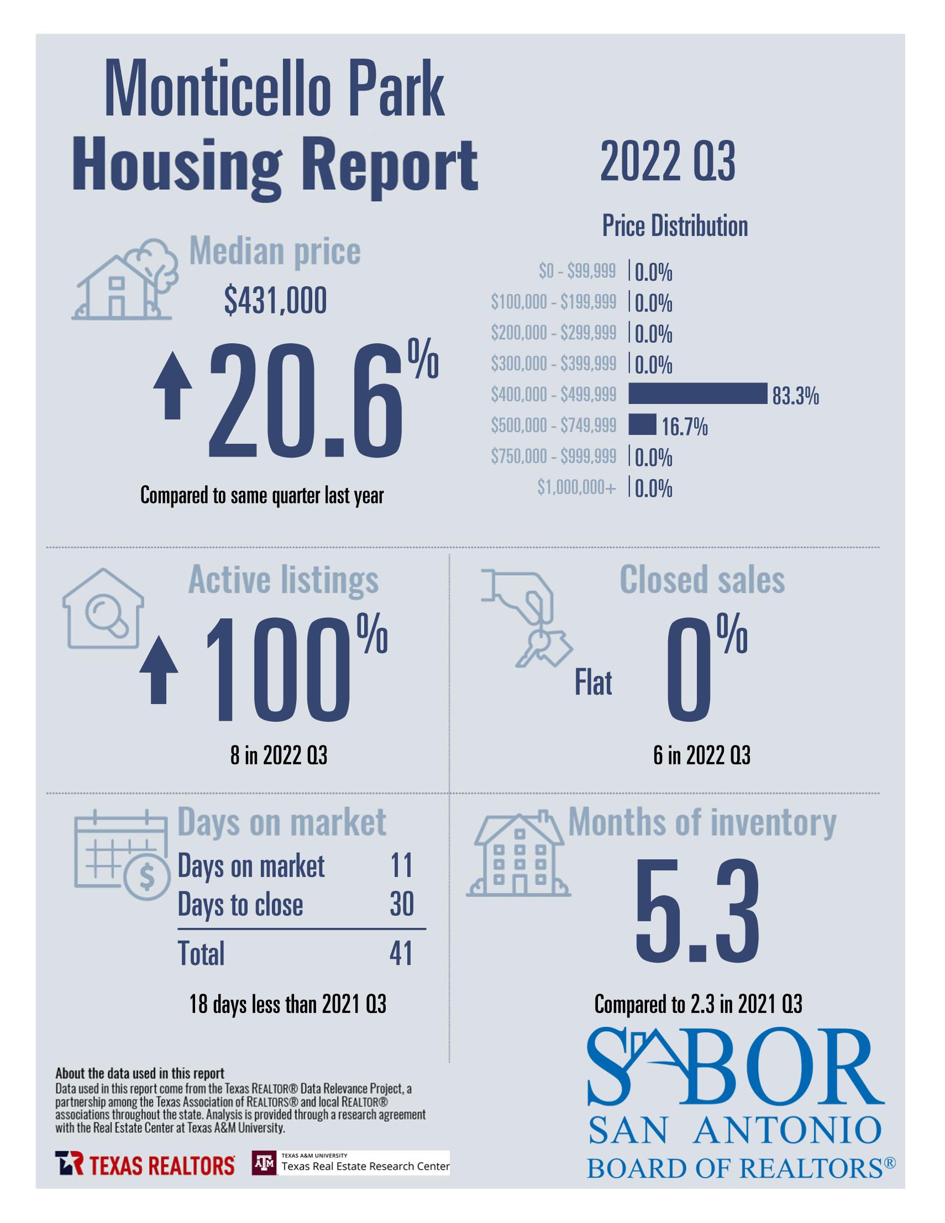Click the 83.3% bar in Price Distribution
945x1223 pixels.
point(697,393)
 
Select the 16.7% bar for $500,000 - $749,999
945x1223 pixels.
point(642,424)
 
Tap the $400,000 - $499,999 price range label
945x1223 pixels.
point(553,395)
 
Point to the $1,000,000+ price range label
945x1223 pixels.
point(576,488)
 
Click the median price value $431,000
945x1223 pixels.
point(275,301)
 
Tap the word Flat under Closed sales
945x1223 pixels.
point(594,683)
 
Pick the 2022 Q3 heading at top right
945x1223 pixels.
point(668,161)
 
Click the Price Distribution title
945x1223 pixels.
point(675,226)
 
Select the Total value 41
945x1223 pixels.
point(401,954)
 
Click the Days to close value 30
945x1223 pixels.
point(401,904)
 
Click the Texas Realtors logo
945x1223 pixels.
point(144,1166)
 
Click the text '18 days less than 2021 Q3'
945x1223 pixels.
point(288,1005)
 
